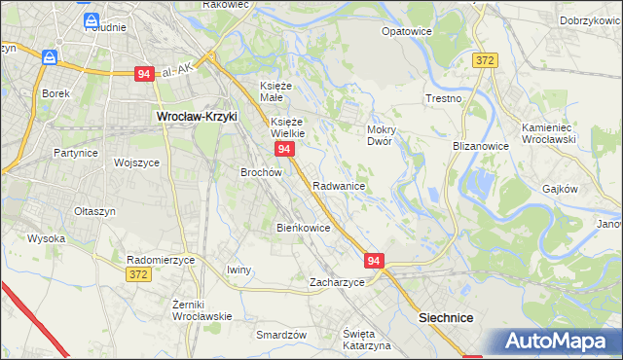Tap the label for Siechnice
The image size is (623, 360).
445,317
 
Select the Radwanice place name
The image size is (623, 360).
339,185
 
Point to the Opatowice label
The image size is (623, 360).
407,31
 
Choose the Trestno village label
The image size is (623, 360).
443,99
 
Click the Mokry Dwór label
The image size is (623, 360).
379,134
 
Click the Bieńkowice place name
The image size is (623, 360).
304,228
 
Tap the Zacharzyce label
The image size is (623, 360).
337,282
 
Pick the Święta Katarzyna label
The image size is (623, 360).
366,340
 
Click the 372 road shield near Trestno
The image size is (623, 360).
486,60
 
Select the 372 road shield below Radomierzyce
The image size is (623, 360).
138,276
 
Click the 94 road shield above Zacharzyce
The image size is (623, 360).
376,261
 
